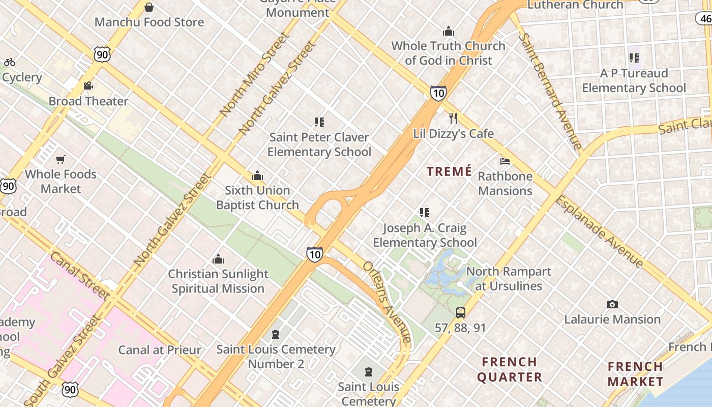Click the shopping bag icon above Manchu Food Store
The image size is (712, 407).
pyautogui.click(x=149, y=7)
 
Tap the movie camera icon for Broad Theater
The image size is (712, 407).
pyautogui.click(x=88, y=85)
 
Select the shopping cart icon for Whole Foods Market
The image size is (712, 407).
pyautogui.click(x=61, y=160)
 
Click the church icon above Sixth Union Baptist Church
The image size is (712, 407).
pyautogui.click(x=257, y=176)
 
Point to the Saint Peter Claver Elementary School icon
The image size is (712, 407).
pyautogui.click(x=319, y=122)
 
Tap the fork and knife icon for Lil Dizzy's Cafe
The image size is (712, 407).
pyautogui.click(x=453, y=119)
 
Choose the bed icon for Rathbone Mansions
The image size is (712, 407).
pyautogui.click(x=505, y=161)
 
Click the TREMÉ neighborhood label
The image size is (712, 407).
pyautogui.click(x=450, y=171)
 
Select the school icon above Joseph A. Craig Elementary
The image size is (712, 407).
pyautogui.click(x=425, y=213)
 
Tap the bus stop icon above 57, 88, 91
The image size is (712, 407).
pyautogui.click(x=460, y=313)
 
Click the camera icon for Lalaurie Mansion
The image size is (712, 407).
pyautogui.click(x=612, y=304)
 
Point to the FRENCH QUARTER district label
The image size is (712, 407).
pyautogui.click(x=510, y=369)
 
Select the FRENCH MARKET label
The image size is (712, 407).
pyautogui.click(x=635, y=374)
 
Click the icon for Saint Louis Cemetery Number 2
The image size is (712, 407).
pyautogui.click(x=276, y=334)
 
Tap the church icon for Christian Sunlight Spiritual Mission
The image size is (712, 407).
pyautogui.click(x=218, y=259)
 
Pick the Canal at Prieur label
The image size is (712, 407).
pyautogui.click(x=160, y=350)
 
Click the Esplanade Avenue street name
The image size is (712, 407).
pyautogui.click(x=599, y=231)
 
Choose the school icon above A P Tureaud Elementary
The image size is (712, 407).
pyautogui.click(x=634, y=58)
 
